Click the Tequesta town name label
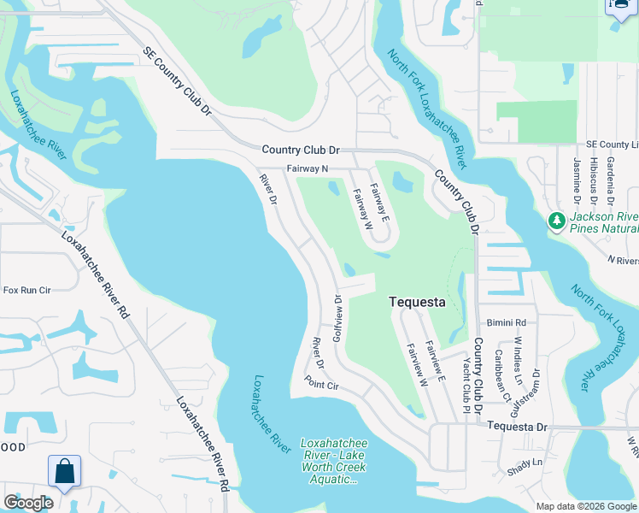click(417, 302)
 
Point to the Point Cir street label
click(322, 386)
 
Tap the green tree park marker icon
click(557, 222)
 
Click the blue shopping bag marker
click(64, 471)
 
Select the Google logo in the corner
click(28, 503)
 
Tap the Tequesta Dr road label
click(515, 426)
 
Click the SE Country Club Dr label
click(177, 82)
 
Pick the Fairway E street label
click(380, 203)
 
